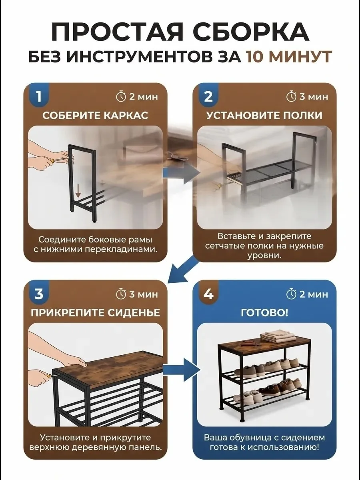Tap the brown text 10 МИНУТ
click(288, 57)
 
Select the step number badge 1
click(39, 96)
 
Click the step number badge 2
click(208, 96)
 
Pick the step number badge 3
click(39, 294)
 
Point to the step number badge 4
click(208, 294)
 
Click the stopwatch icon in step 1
click(121, 97)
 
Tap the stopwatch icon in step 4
click(291, 294)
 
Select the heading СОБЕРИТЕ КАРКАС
click(95, 116)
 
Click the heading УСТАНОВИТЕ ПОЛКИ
click(264, 116)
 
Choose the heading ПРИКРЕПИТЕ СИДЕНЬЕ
click(95, 313)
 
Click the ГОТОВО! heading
click(264, 313)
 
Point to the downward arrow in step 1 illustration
click(78, 192)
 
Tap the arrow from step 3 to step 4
click(182, 370)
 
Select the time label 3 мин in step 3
click(143, 294)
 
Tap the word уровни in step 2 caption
click(264, 256)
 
